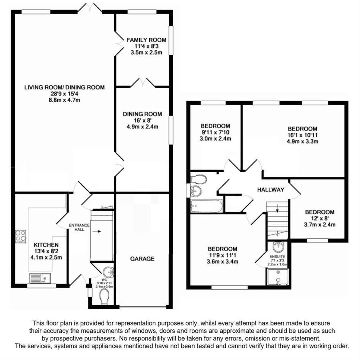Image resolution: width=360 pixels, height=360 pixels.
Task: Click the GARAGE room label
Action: (x=142, y=259)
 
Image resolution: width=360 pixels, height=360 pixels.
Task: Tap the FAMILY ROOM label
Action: (x=146, y=40)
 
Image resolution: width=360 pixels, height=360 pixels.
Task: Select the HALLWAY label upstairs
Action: (x=271, y=190)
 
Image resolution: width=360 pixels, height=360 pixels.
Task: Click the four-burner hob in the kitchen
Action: (x=20, y=236)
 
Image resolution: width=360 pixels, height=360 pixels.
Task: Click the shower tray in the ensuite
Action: (x=278, y=277)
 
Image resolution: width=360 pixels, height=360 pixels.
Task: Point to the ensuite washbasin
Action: (x=278, y=247)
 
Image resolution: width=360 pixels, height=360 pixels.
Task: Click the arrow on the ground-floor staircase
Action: (x=97, y=232)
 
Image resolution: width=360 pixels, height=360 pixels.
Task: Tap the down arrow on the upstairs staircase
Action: (x=277, y=208)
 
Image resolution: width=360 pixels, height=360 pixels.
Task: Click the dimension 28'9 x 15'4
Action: (x=65, y=94)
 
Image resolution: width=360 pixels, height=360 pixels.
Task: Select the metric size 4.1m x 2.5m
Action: (x=46, y=258)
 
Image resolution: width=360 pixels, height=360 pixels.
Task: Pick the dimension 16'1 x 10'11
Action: (x=302, y=135)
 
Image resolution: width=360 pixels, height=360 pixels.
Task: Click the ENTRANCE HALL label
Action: (x=79, y=227)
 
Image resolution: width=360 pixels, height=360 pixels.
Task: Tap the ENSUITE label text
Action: (x=277, y=257)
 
